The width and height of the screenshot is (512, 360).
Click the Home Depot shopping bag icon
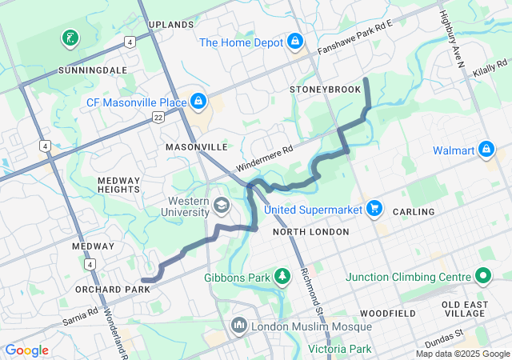(x=295, y=40)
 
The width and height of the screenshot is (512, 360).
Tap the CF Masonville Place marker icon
(x=197, y=101)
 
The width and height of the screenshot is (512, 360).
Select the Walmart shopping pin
(x=486, y=150)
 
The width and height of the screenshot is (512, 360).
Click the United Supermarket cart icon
(x=374, y=209)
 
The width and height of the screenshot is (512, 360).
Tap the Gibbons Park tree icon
(x=282, y=277)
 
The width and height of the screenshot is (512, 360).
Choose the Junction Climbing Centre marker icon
(x=482, y=277)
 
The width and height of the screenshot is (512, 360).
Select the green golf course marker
(x=70, y=38)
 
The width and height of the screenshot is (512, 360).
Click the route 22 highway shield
(x=158, y=117)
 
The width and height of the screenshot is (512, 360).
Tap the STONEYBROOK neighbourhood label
(x=326, y=90)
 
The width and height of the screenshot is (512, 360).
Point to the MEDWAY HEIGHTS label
(x=118, y=186)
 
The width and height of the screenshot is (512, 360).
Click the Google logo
(x=27, y=350)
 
